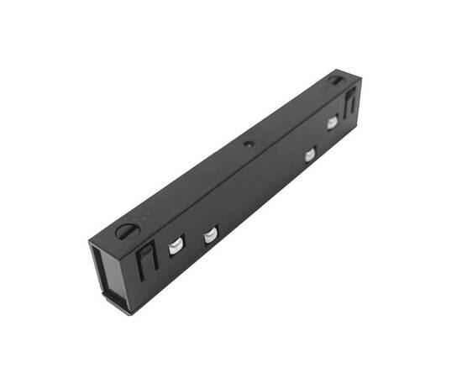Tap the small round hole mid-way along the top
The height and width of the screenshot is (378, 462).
(x=249, y=144)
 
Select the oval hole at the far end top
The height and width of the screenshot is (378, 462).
(x=335, y=81)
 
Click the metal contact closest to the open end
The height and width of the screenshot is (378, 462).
(x=176, y=246)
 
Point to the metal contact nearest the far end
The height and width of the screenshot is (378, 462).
(x=332, y=123)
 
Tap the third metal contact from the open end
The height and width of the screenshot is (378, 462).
(x=310, y=154)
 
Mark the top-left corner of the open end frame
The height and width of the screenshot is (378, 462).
(x=89, y=243)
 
